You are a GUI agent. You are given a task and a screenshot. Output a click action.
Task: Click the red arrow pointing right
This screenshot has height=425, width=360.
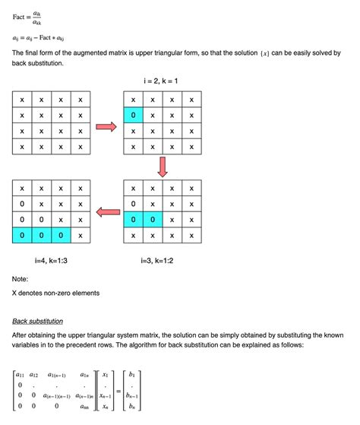(x=107, y=127)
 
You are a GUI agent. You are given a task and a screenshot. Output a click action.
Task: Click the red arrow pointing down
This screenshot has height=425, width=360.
(x=163, y=165)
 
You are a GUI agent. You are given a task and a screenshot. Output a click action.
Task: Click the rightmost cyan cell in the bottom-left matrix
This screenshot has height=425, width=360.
(x=60, y=236)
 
